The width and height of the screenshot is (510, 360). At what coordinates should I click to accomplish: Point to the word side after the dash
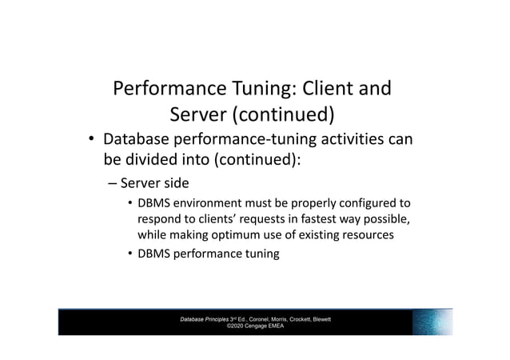pyautogui.click(x=172, y=184)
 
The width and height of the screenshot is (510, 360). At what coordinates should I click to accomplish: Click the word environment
pyautogui.click(x=205, y=204)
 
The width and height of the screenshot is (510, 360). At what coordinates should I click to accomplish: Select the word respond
pyautogui.click(x=161, y=219)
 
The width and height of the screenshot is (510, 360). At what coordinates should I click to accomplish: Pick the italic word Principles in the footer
pyautogui.click(x=219, y=319)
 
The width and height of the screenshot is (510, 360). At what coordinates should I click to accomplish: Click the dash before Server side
pyautogui.click(x=114, y=184)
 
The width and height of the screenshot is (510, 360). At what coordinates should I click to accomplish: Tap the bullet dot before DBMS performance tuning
pyautogui.click(x=129, y=254)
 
